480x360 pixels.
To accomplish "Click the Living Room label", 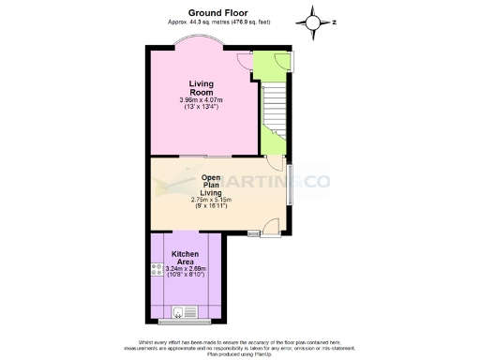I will click(x=202, y=88).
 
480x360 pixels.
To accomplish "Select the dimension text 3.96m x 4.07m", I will click(x=202, y=100).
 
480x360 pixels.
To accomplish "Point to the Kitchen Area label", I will click(x=185, y=259).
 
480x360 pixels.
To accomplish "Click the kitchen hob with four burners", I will click(x=156, y=269).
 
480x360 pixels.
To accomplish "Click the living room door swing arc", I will click(x=244, y=59).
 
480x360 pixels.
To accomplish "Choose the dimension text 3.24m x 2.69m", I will click(x=186, y=269).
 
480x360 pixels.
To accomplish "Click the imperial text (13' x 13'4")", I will click(x=202, y=108).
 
